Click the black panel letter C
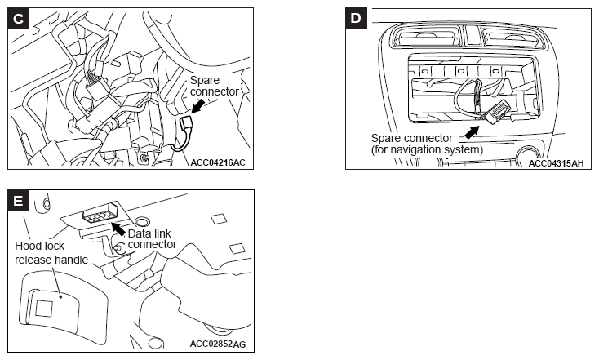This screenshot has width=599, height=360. click(x=18, y=18)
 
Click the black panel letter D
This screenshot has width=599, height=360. click(x=356, y=18)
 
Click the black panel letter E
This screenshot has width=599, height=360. click(x=18, y=200)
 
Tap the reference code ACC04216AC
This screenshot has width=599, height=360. click(x=218, y=162)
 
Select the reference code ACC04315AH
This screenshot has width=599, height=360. click(x=557, y=163)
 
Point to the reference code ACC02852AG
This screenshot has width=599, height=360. click(x=218, y=344)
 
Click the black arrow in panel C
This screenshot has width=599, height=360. click(x=197, y=106)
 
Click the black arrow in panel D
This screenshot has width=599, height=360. click(x=472, y=132)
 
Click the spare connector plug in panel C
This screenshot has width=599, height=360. click(x=186, y=123)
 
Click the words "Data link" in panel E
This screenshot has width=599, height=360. click(x=149, y=233)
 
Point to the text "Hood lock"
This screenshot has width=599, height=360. click(x=39, y=246)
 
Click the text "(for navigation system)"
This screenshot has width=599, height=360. click(x=427, y=149)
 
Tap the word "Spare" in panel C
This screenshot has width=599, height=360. click(x=205, y=81)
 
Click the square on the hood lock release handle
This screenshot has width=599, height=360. click(x=44, y=308)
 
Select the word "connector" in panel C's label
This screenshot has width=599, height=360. click(x=215, y=91)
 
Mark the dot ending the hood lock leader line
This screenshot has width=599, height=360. click(x=61, y=296)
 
